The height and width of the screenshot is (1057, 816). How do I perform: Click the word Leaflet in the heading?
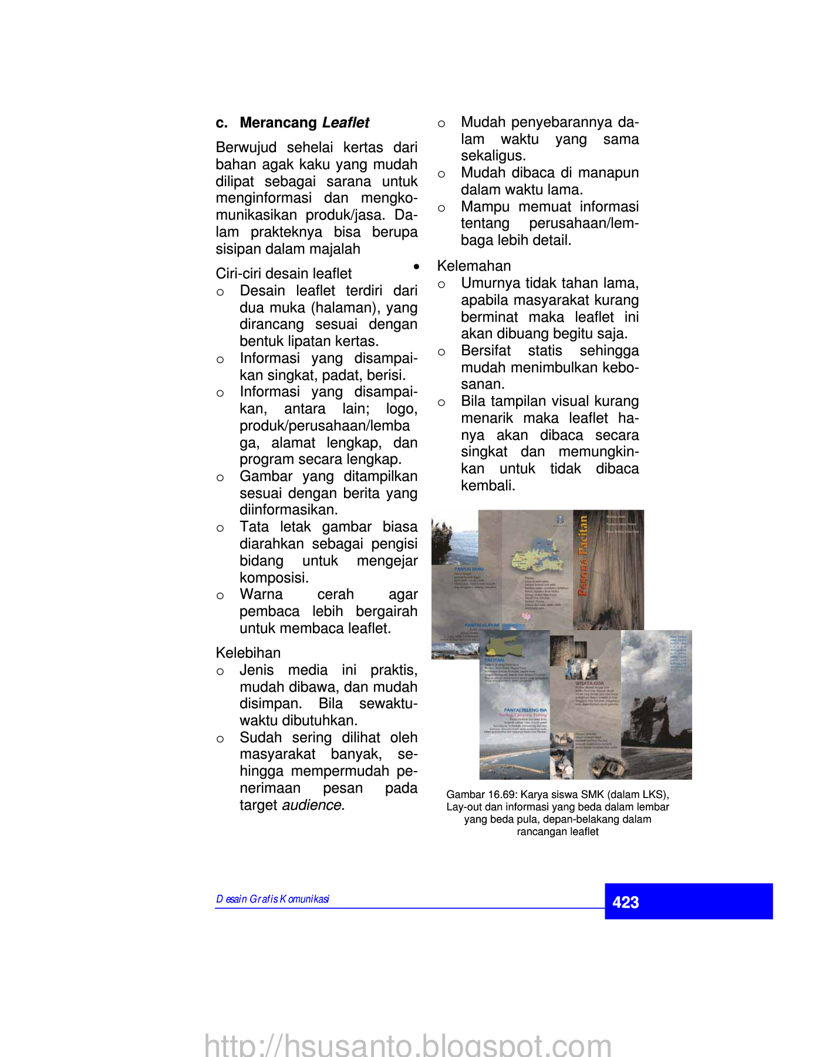tap(346, 123)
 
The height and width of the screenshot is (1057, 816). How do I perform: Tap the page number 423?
tap(625, 902)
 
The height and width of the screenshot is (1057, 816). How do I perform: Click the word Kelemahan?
tap(474, 266)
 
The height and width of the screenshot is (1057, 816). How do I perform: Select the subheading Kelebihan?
tap(248, 653)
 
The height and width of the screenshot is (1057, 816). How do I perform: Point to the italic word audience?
tap(312, 805)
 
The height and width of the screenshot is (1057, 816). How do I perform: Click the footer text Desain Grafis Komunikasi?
tap(272, 899)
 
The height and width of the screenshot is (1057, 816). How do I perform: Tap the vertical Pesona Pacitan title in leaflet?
tap(582, 556)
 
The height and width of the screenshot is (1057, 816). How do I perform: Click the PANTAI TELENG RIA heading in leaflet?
tap(525, 710)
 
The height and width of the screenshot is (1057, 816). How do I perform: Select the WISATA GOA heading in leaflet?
tap(589, 684)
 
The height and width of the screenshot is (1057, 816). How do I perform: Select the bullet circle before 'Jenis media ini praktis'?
tap(220, 671)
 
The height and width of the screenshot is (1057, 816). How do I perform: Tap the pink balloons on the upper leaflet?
tap(526, 616)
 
